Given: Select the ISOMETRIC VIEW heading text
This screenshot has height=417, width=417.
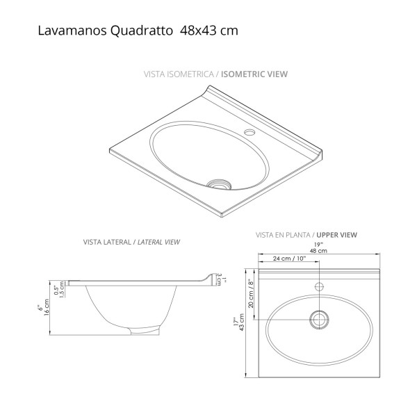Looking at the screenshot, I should (x=256, y=73).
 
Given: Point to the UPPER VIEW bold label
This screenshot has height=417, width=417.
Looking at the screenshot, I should (x=336, y=235).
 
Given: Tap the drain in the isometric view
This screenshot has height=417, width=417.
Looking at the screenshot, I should (x=219, y=184).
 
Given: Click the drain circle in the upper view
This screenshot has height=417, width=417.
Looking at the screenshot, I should (x=320, y=319).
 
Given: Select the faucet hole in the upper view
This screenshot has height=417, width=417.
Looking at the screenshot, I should (x=320, y=286).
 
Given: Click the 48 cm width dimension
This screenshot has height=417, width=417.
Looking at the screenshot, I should (x=319, y=251).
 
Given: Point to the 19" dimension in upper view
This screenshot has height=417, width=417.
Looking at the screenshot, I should (x=319, y=245).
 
